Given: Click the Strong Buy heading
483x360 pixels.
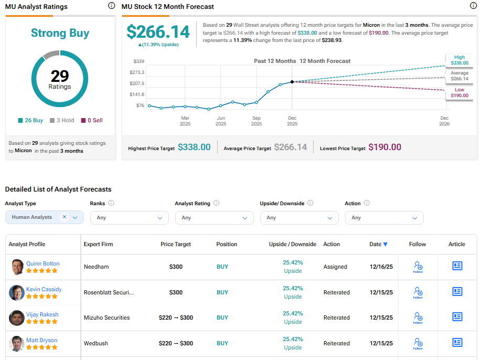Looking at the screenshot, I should [60, 33].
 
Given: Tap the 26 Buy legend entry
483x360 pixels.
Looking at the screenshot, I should [30, 120].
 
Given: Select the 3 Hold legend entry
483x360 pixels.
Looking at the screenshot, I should [62, 120].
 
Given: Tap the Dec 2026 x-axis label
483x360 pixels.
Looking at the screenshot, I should [444, 121].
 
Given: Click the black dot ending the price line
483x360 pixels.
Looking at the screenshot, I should [292, 82].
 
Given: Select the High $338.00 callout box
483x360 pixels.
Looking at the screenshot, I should [459, 60].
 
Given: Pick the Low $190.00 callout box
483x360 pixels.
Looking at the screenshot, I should [459, 93].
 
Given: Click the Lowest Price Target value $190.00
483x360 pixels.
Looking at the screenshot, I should [384, 147].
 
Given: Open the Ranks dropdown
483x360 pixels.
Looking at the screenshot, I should [129, 217].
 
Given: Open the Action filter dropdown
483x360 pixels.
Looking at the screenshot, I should [384, 217].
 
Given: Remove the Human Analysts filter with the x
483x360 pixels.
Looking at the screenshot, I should [65, 217].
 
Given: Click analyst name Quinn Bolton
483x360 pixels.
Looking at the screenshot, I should [43, 263].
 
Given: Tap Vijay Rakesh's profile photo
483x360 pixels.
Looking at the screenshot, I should [17, 318].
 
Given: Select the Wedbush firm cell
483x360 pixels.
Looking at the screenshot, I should [95, 343].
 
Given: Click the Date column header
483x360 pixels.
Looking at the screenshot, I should [378, 244].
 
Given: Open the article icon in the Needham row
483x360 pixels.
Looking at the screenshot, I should [457, 266].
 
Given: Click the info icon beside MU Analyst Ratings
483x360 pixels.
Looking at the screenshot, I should [111, 6].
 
